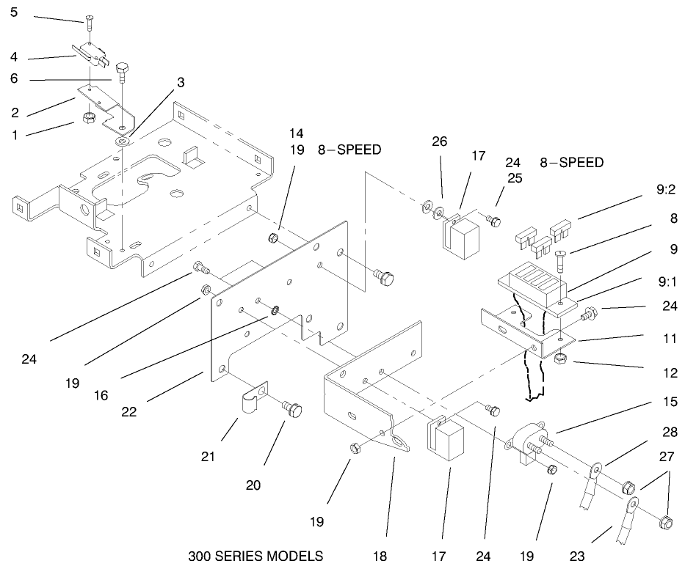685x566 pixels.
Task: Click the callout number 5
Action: point(14,12)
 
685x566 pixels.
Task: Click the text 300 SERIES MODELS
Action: point(255,555)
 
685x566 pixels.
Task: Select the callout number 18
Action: point(380,556)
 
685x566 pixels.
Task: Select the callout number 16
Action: point(101,394)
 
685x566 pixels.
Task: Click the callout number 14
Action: point(295,133)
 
